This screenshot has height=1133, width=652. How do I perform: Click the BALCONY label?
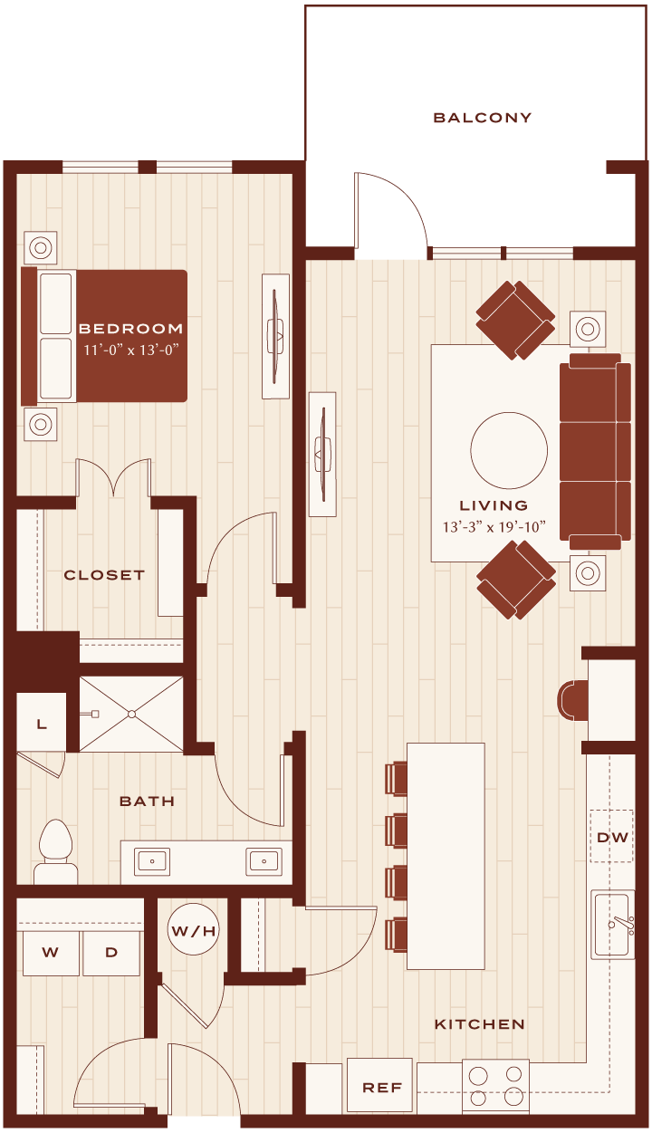pos(483,118)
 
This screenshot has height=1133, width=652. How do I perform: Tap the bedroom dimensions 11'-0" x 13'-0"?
pos(131,350)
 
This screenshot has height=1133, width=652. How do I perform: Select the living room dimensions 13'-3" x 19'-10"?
pos(494,527)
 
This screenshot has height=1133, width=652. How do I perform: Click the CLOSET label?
pos(104,575)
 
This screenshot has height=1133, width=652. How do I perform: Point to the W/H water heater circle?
pos(193,931)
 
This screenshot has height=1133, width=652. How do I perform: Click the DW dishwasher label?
pos(612,838)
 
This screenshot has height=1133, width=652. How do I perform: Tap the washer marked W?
pos(51,953)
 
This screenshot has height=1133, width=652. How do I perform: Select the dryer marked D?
pos(111,953)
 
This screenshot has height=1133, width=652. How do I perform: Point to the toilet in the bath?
pos(55,851)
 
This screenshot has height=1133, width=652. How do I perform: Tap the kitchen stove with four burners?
pos(495,1086)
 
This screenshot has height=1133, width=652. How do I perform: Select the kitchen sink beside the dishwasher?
pos(613,925)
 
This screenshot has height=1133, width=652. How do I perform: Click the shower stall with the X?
pos(131,715)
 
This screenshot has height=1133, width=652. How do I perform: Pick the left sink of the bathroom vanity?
pos(152,861)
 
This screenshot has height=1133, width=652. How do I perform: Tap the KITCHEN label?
pos(480,1024)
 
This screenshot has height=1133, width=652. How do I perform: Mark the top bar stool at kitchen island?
pos(396,779)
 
